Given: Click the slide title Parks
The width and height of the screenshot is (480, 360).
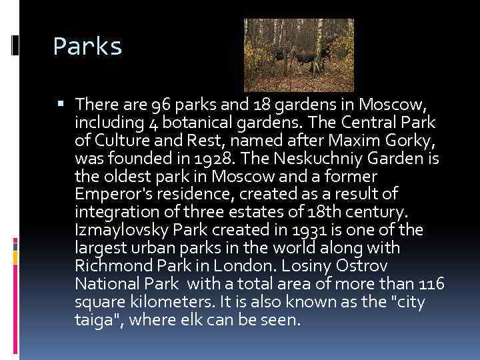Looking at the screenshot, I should point(87,47).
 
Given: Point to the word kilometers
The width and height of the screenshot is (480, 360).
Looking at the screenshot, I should point(156,302).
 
